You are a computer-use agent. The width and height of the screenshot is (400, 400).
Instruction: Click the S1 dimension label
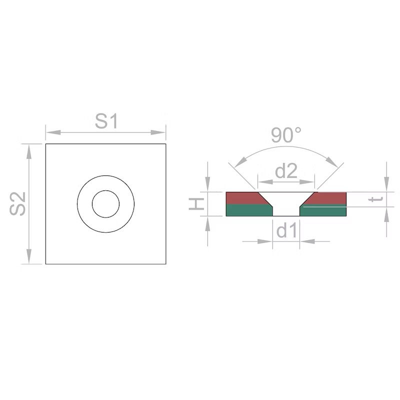point(106,121)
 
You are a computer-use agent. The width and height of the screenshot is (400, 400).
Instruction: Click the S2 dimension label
point(17,203)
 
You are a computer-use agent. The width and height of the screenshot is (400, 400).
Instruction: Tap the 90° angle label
point(285,135)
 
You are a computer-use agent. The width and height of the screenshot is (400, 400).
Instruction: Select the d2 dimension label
point(286,171)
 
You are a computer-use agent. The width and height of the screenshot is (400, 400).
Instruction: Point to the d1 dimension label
point(286,230)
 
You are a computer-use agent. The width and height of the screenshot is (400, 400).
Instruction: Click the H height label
point(196,204)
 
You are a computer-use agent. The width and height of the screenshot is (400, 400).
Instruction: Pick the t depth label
point(376,199)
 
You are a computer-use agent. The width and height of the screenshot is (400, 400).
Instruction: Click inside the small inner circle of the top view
point(105,204)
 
